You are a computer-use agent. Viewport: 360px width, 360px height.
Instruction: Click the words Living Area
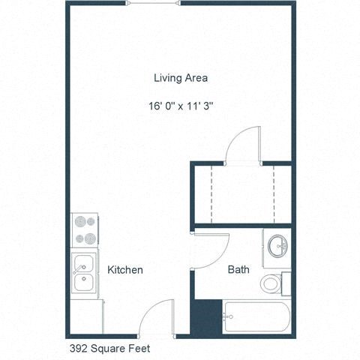click(180, 77)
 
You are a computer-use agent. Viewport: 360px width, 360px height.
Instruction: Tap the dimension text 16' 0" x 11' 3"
click(181, 106)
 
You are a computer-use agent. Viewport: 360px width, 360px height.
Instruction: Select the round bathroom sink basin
click(277, 245)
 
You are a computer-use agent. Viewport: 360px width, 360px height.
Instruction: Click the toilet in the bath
click(272, 283)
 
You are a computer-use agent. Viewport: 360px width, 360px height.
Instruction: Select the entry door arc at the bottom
click(156, 318)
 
